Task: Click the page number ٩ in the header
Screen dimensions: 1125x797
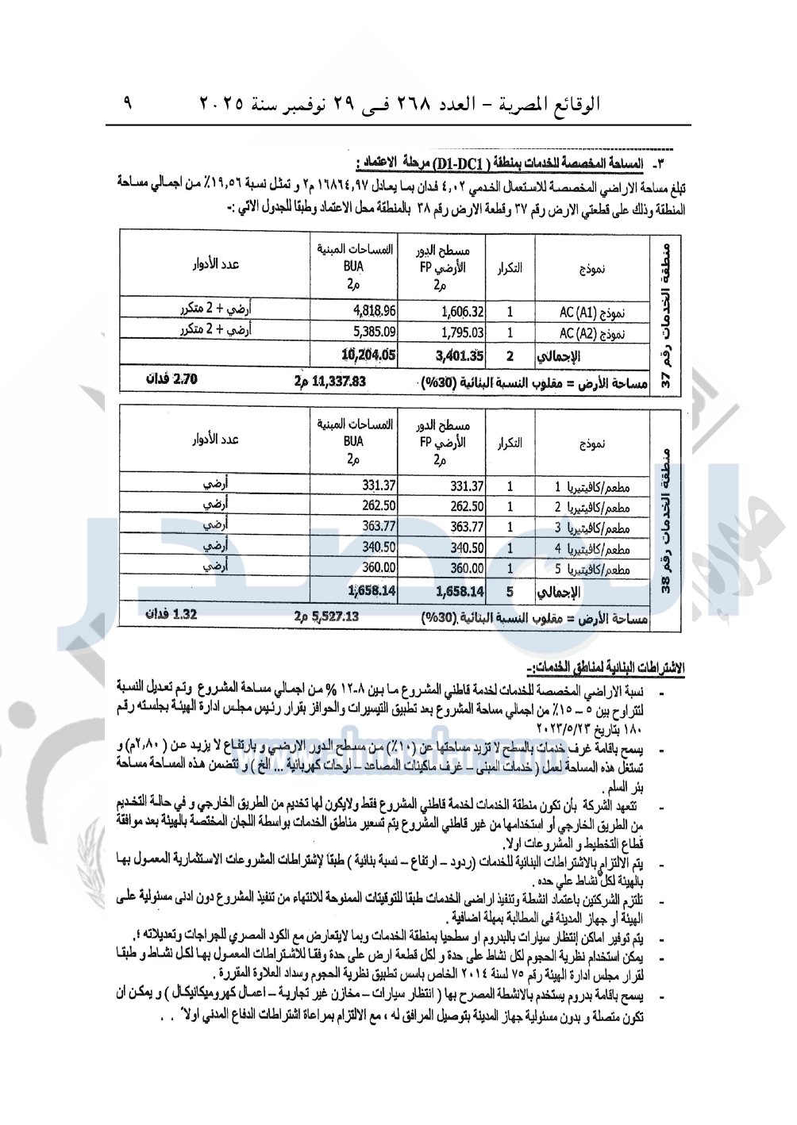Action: pos(128,102)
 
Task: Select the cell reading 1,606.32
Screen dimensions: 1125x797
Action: pos(462,313)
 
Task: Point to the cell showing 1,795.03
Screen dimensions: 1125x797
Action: pos(462,333)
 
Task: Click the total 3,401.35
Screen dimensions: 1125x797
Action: pos(460,355)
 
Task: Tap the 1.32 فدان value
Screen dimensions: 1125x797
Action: pos(171,615)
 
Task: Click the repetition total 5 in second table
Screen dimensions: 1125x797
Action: pos(510,591)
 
